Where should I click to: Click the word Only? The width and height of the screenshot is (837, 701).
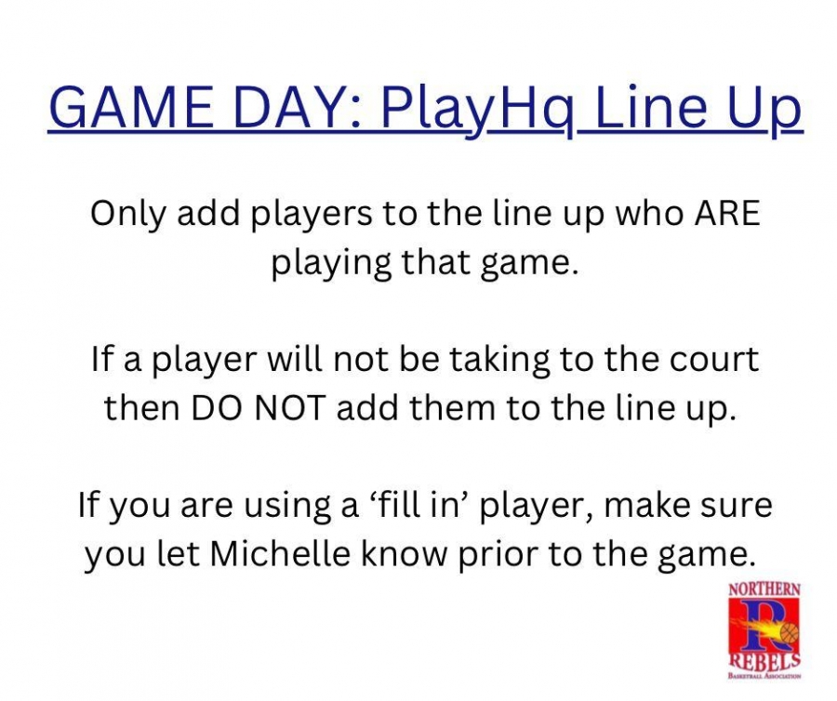[128, 215]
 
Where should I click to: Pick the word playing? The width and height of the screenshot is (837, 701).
[331, 264]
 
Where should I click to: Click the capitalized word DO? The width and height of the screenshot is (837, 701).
[216, 408]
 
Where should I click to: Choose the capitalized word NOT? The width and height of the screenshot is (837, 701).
[289, 408]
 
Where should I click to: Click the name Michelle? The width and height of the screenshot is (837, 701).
[280, 554]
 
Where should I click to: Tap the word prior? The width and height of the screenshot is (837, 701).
[498, 556]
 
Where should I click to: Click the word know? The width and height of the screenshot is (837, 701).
[405, 554]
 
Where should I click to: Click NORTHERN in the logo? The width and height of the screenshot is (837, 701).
[764, 589]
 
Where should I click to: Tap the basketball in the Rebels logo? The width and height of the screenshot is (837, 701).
[790, 633]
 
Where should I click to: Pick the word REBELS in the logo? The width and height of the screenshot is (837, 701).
[765, 662]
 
